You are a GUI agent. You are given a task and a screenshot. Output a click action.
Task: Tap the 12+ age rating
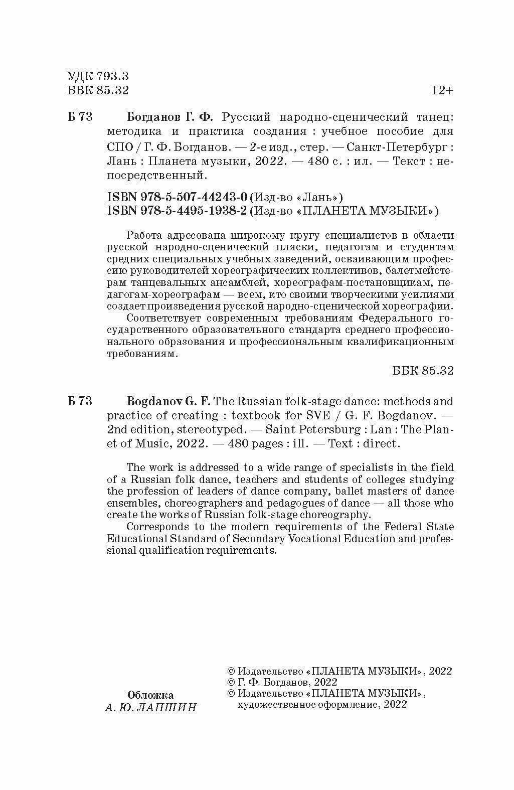click(x=442, y=91)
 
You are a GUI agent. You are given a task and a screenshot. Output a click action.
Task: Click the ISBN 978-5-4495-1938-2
click(x=178, y=211)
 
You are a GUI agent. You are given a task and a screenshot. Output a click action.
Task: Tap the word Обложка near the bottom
click(x=150, y=695)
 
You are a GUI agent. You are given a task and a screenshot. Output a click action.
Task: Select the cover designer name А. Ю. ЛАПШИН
click(x=150, y=708)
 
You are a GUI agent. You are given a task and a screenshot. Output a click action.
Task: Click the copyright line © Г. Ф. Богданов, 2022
click(x=282, y=682)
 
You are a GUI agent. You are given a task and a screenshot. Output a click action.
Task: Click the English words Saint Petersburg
click(x=312, y=430)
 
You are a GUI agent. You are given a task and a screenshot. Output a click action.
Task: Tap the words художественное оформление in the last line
click(x=304, y=705)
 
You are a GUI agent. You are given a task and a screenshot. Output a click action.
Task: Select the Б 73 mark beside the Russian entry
click(x=79, y=117)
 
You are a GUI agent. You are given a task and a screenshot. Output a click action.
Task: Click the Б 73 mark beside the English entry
click(x=79, y=401)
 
